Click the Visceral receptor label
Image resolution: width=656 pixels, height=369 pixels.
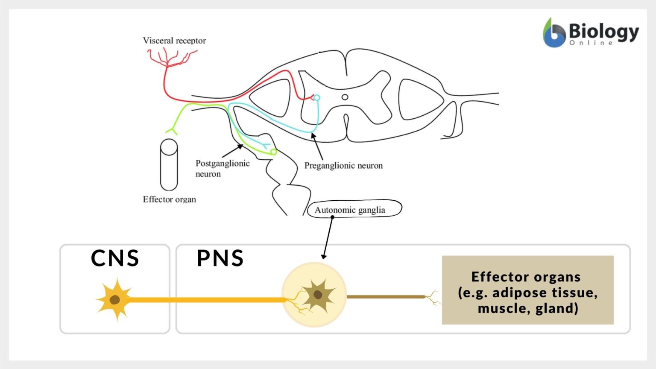(174, 41)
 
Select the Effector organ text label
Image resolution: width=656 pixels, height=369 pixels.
(169, 199)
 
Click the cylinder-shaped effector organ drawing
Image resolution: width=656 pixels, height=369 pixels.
(169, 165)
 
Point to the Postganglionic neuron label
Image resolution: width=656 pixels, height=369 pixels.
(222, 168)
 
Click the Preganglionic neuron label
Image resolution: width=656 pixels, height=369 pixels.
(343, 166)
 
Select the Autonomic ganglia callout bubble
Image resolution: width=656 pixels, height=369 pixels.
(354, 209)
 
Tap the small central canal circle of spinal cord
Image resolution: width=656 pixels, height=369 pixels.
(345, 97)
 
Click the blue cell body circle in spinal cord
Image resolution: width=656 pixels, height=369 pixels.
(316, 98)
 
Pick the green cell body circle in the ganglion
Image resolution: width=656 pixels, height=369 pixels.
(273, 152)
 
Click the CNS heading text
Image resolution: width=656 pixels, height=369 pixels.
(115, 258)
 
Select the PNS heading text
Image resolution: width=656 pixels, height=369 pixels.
(220, 258)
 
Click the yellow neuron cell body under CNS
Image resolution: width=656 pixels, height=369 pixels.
(114, 299)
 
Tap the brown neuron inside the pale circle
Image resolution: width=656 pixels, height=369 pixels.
(318, 295)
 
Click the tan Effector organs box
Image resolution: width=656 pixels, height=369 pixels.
(527, 290)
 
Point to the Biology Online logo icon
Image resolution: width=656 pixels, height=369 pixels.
(554, 33)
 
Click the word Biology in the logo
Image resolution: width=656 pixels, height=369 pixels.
(603, 31)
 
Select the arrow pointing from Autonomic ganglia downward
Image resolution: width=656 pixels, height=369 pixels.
(328, 237)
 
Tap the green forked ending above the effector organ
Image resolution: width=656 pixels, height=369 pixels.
(172, 130)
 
